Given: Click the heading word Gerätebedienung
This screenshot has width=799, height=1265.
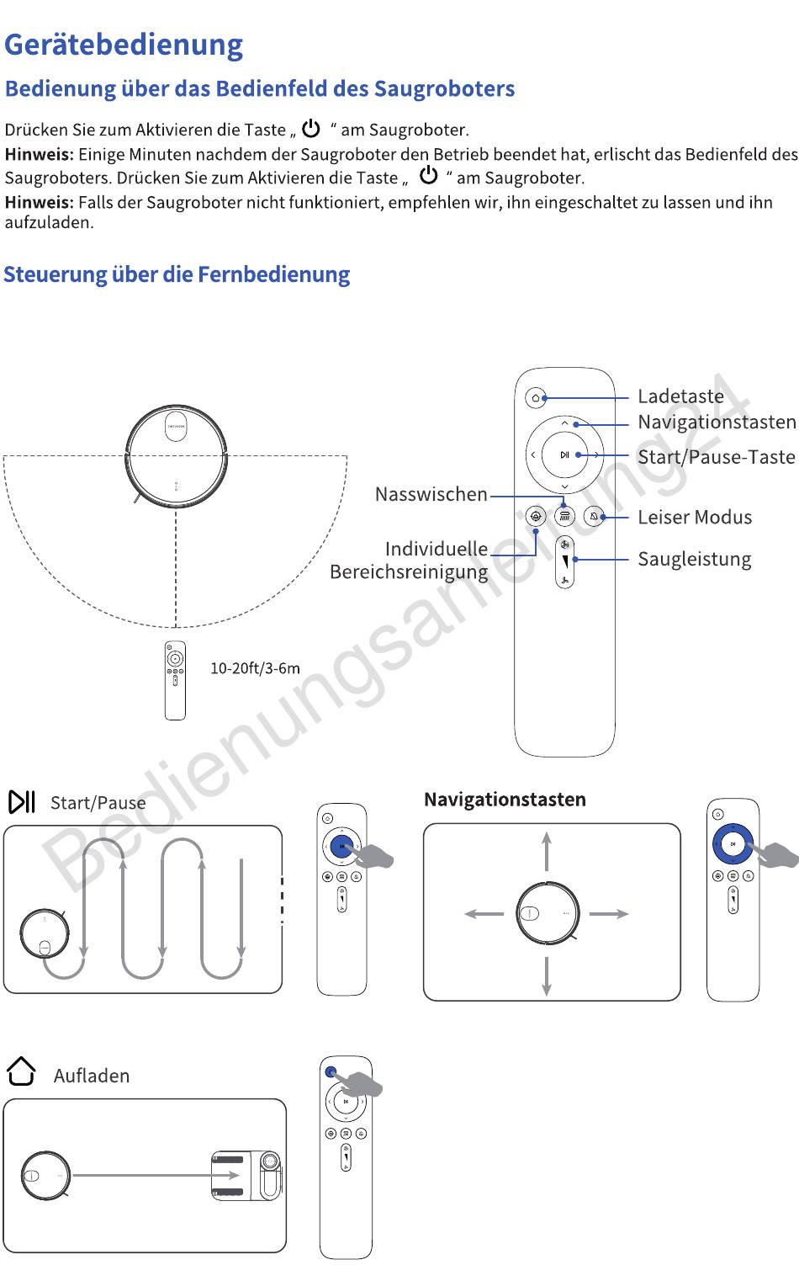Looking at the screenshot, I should (124, 45).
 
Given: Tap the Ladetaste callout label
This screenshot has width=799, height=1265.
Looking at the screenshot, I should (680, 396).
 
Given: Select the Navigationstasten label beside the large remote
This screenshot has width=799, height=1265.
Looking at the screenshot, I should (717, 422).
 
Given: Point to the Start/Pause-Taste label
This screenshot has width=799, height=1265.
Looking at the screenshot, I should (716, 457).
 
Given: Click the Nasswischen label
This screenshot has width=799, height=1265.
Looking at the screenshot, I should (431, 494).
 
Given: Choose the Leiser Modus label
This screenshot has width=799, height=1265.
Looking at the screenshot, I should (695, 517).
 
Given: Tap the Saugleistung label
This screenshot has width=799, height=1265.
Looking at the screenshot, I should (694, 559).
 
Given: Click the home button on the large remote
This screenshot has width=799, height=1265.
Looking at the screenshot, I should (536, 397).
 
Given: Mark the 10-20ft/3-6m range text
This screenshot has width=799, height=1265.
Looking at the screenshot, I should (255, 668).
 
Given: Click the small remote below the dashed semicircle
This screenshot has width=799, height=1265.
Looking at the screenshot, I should (175, 680).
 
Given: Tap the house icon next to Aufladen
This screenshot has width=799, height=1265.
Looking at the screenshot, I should (21, 1071).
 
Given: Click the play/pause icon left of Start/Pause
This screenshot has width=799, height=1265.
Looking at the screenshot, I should (22, 802).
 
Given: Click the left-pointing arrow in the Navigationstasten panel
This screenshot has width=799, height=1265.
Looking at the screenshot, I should (484, 913).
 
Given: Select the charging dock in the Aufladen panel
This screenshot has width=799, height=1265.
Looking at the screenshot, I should (247, 1175).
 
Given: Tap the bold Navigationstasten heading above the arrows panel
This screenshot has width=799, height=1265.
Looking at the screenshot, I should (505, 800).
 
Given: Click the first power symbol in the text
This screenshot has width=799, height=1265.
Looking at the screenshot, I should (312, 129).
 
